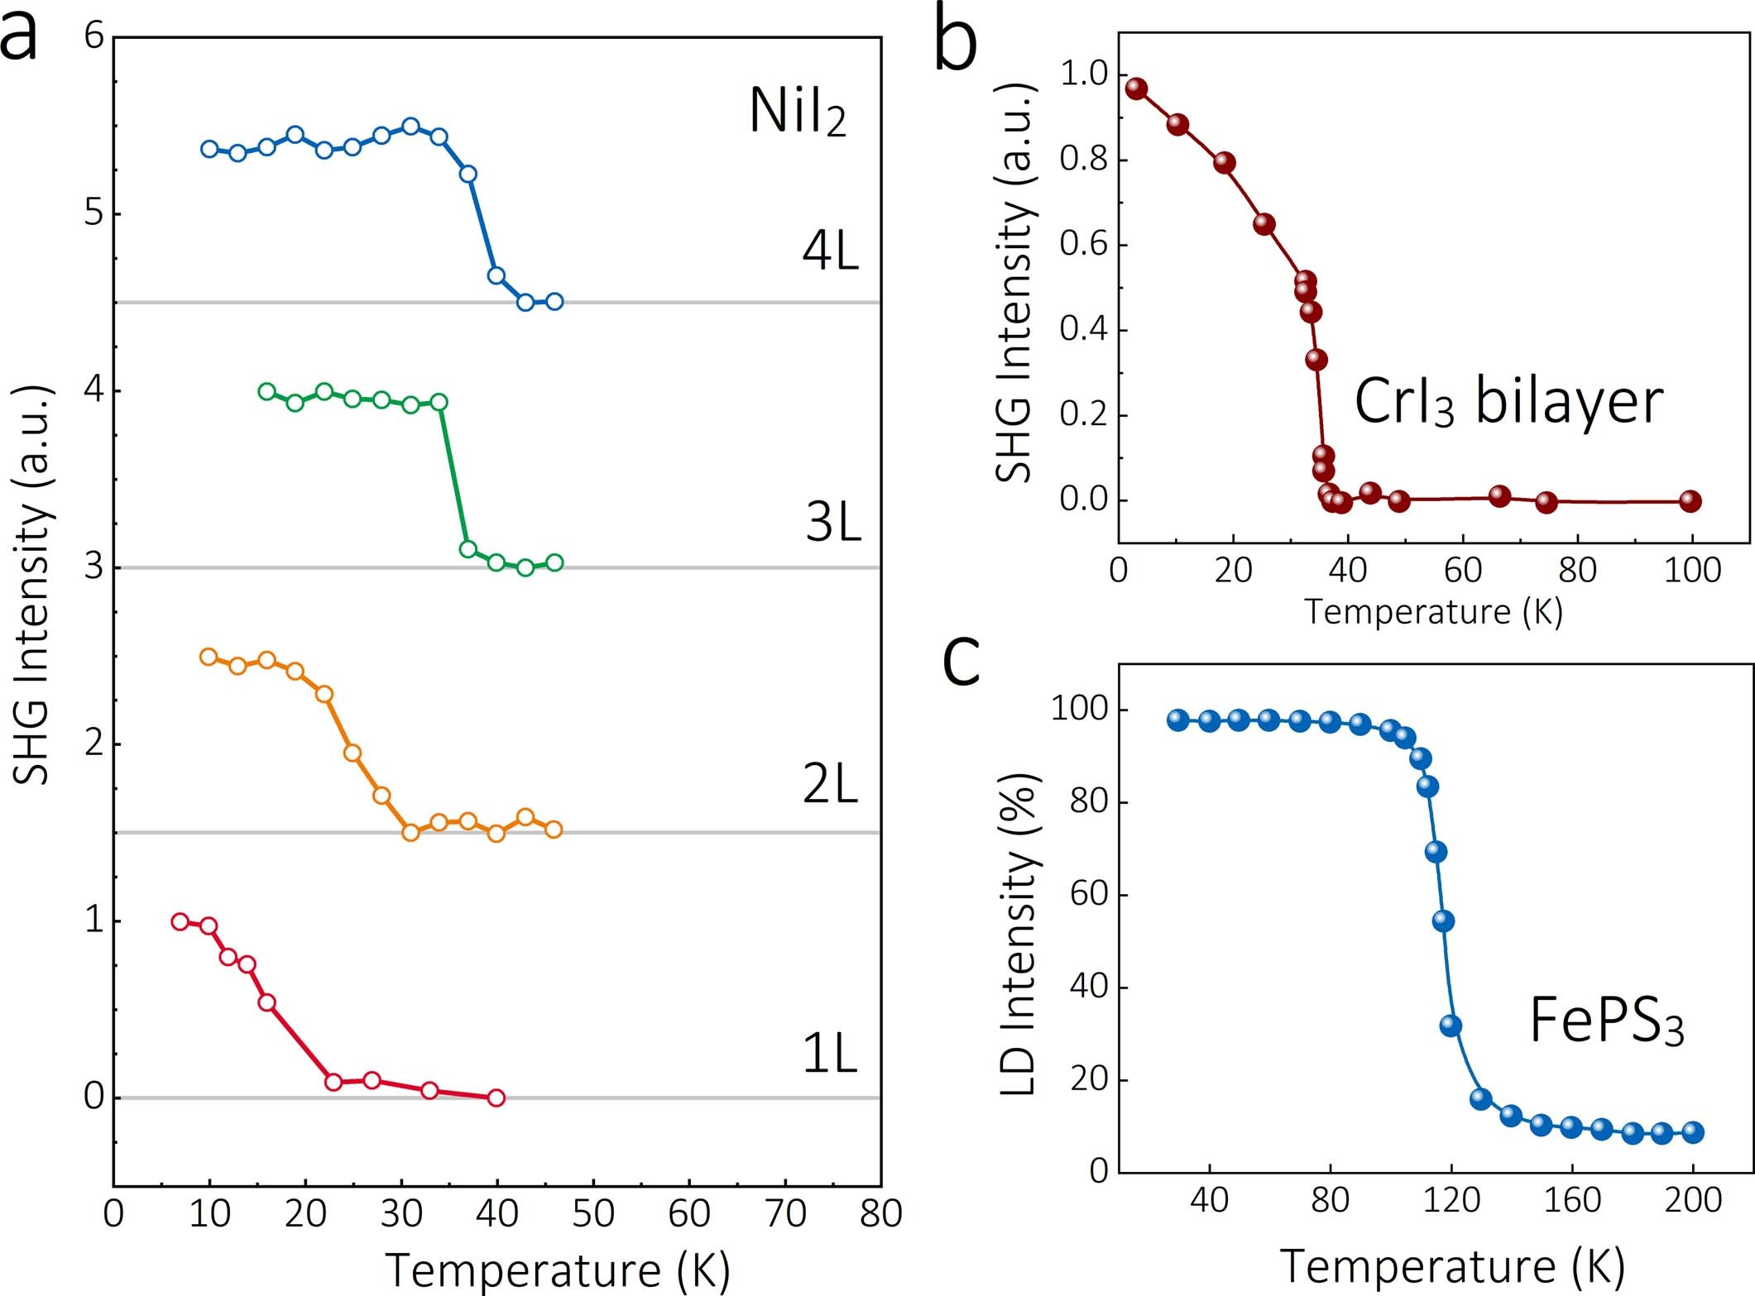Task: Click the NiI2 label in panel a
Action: coord(797,112)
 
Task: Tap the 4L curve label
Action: coord(830,251)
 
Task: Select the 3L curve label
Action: coord(832,523)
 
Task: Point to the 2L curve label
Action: coord(830,784)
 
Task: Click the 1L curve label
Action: coord(830,1054)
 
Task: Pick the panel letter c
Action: coord(961,661)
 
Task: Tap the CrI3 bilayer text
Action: coord(1508,403)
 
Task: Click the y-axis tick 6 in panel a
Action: coord(94,37)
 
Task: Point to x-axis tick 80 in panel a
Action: coord(880,1214)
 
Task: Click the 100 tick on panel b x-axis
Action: coord(1692,571)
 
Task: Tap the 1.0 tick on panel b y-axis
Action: coord(1083,74)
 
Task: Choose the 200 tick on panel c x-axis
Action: coord(1693,1199)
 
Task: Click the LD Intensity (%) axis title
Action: coord(1019,935)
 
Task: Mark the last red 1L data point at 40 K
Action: coord(496,1098)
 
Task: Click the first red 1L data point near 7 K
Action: coord(180,921)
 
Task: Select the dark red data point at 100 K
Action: coord(1690,500)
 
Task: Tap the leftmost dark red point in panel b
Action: coord(1136,88)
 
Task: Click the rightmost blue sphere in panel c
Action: coord(1693,1132)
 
